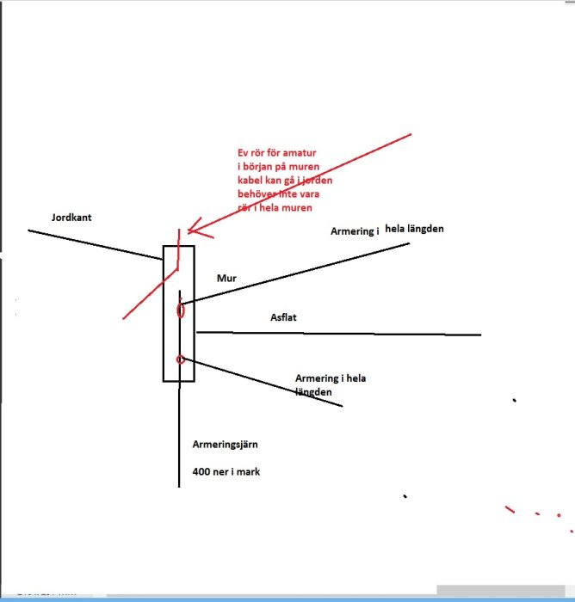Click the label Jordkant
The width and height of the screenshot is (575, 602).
coord(71,218)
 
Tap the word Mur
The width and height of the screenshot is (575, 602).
coord(226,278)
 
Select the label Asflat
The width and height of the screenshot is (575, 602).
coord(283,317)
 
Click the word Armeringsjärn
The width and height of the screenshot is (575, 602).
coord(225,445)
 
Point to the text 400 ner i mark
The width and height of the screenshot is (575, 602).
coord(226,471)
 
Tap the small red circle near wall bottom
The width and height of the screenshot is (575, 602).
coord(180,359)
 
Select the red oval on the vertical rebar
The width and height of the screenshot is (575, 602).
coord(180,310)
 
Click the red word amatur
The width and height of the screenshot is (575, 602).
coord(300,153)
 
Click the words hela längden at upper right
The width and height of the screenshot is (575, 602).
coord(414,229)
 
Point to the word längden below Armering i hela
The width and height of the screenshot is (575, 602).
coord(313,392)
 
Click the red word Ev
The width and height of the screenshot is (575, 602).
coord(243,153)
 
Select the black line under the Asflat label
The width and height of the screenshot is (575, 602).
coord(338,334)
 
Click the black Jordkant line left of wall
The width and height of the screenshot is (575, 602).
coord(96,245)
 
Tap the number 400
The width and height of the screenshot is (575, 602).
coord(201,471)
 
